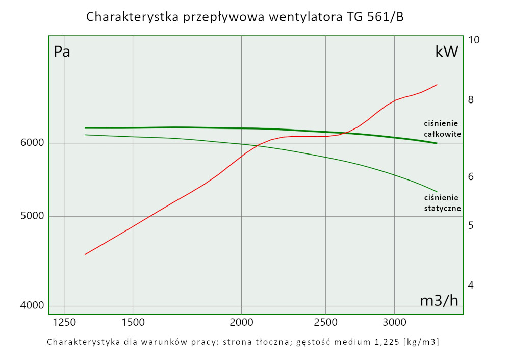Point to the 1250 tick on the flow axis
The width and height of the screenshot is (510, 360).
point(64,322)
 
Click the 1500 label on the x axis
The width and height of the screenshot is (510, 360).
point(133,322)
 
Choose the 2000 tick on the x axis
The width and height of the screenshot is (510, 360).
point(241,322)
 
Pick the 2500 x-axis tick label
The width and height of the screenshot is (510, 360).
point(326,322)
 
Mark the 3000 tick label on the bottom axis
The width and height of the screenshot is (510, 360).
point(394,322)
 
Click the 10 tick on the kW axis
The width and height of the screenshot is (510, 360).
point(474,40)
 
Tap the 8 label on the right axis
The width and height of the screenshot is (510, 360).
point(471,100)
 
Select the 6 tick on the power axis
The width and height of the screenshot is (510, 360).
point(471,176)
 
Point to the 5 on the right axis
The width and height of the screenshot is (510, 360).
point(471,225)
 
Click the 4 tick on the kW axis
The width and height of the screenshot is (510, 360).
point(471,285)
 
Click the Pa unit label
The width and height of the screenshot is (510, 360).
point(62,52)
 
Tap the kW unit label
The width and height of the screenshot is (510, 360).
point(447,52)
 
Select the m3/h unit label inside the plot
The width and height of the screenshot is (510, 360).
point(439,301)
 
